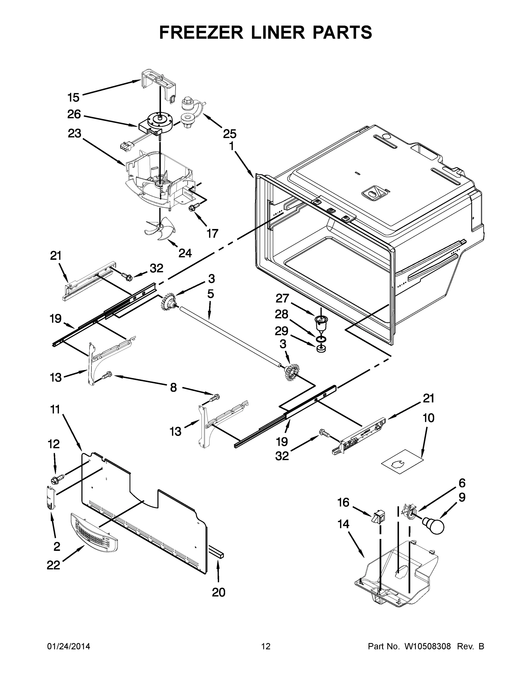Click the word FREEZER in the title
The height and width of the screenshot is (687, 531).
pos(201,32)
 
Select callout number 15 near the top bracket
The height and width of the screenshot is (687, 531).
pos(73,98)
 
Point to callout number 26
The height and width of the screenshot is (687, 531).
pos(74,114)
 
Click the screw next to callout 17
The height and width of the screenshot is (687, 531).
pos(192,207)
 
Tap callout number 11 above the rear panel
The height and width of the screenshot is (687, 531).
pos(55,410)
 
